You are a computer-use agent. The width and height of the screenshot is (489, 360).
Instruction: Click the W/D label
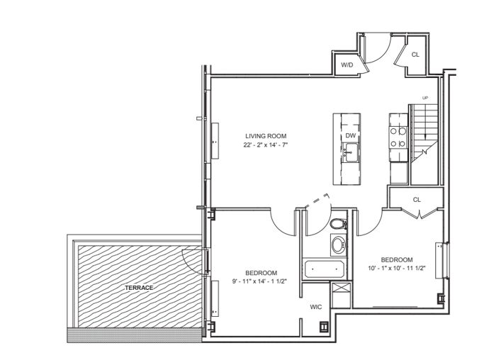coord(347,65)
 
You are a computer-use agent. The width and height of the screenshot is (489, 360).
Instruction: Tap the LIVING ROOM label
coord(266,136)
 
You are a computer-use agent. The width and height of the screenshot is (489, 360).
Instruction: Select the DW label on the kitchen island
coord(351,135)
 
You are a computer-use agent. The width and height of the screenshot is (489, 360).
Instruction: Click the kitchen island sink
coord(351,152)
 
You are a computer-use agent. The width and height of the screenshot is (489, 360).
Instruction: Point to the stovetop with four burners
coord(398,137)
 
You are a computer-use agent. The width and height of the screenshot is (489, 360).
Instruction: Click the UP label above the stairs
coord(425,98)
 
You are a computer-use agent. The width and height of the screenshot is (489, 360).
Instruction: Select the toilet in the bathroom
coord(338,224)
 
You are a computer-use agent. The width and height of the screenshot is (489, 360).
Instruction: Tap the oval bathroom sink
coord(338,245)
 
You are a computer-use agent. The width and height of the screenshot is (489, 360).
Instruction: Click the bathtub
coord(325,269)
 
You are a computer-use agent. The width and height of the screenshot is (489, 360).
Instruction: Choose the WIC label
coord(315,307)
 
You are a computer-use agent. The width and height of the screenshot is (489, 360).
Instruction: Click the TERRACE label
coord(139,288)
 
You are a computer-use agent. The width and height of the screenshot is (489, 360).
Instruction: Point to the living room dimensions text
coord(265,145)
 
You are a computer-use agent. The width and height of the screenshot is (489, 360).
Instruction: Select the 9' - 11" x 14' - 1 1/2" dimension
coord(259,281)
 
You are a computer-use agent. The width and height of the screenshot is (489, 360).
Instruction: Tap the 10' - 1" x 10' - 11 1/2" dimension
coord(397,268)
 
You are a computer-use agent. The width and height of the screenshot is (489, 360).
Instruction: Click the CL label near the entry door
coord(415,55)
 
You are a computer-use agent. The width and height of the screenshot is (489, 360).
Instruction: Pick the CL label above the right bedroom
coord(417,200)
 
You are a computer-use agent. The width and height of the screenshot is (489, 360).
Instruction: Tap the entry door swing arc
coord(381,52)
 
